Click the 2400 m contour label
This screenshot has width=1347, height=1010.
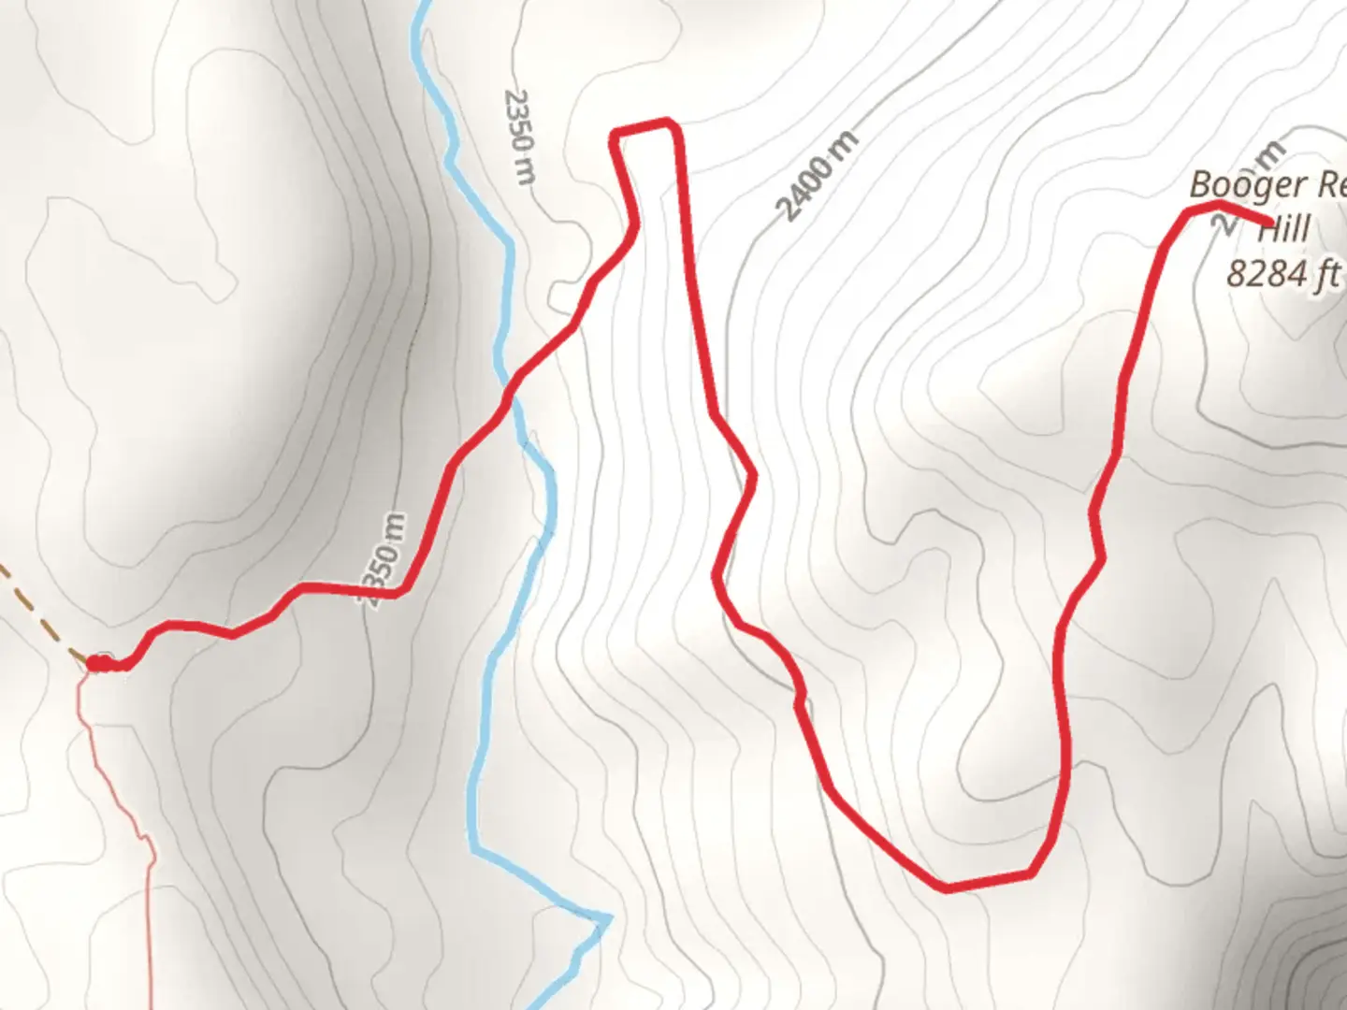click(x=818, y=178)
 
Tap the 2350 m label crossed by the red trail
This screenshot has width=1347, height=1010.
click(x=384, y=561)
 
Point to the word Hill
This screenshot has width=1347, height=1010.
click(x=1282, y=230)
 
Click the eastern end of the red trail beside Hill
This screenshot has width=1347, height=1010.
click(x=1268, y=223)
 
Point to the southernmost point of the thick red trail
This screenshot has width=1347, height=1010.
click(x=948, y=887)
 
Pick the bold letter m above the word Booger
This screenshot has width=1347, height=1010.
click(x=1272, y=152)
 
